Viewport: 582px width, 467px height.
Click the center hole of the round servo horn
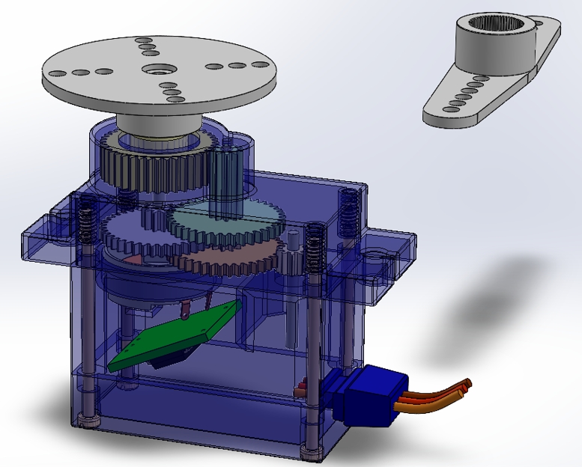[x=157, y=71]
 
